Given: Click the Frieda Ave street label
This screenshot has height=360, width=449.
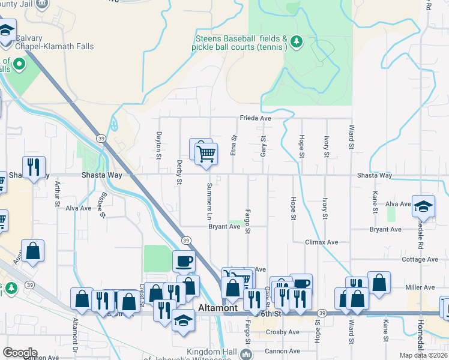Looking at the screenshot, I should coord(256,118).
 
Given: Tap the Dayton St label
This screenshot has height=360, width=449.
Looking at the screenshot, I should coord(159,146).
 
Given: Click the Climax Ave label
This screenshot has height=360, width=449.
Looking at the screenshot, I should coord(321,242).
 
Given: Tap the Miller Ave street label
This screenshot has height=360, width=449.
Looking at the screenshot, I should coord(420,287).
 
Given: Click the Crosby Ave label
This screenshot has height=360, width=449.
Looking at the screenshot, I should coord(285,332).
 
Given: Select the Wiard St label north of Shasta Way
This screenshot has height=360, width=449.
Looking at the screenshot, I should coord(350,137).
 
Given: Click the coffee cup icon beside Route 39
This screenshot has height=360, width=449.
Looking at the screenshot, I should coord(184,261).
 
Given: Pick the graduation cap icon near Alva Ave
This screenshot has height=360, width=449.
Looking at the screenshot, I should coord(423,205).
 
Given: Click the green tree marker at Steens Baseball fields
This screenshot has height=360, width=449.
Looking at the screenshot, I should coord(295,41).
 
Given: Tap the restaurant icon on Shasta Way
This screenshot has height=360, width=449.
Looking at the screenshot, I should coord(34,166).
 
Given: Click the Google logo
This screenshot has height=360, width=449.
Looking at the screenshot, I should coord(20,352).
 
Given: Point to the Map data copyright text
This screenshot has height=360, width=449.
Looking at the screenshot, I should coord(424,355).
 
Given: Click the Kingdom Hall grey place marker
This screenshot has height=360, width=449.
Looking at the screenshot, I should coord(246,354).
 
